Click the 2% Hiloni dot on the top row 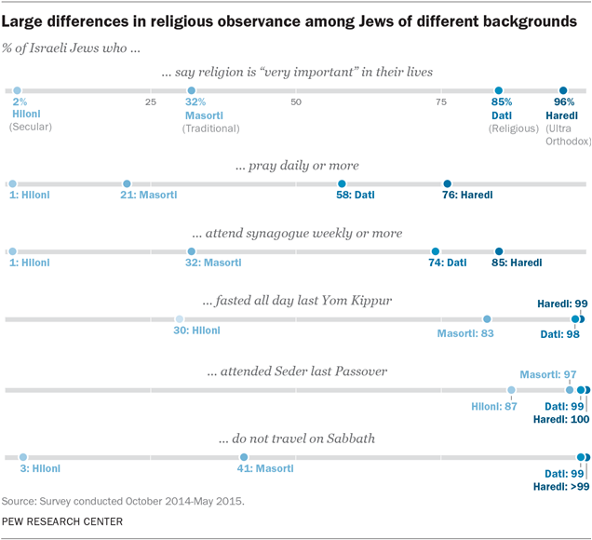pos(17,91)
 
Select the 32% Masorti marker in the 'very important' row pos(192,91)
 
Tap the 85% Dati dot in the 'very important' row pos(500,91)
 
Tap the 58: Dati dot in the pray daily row pos(343,183)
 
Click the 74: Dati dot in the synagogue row pos(436,250)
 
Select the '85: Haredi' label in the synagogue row pos(518,263)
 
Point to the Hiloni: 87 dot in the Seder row pos(511,390)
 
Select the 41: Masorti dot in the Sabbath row pos(244,457)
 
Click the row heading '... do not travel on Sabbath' pos(296,439)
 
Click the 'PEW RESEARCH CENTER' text pos(62,522)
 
